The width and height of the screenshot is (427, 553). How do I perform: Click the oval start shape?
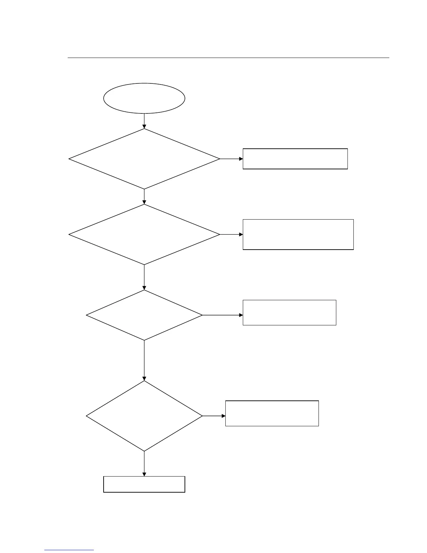(x=144, y=98)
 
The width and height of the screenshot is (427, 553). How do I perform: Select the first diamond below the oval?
(x=144, y=159)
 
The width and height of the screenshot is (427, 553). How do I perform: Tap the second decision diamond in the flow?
(x=144, y=234)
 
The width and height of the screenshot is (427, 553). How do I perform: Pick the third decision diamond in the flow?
(x=144, y=315)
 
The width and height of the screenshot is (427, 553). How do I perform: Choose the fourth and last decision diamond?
(x=144, y=416)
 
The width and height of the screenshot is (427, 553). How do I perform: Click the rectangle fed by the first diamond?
(x=295, y=159)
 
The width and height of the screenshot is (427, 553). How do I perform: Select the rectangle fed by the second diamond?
(x=298, y=234)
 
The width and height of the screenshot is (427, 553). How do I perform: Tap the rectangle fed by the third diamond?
(x=289, y=312)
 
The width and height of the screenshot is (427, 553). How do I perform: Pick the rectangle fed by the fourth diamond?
(x=272, y=413)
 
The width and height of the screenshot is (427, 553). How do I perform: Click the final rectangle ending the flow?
(x=144, y=484)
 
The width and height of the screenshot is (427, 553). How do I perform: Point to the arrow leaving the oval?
(x=144, y=121)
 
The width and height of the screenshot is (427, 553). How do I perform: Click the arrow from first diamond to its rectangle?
(x=231, y=159)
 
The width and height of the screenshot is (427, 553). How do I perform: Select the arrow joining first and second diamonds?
(x=144, y=197)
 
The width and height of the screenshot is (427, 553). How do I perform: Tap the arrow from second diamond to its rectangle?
(x=231, y=234)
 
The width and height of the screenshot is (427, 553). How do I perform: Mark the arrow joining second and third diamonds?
(x=144, y=277)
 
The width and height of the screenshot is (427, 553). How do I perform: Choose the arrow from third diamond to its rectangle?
(x=223, y=315)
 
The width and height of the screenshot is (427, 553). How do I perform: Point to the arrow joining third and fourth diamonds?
(x=144, y=360)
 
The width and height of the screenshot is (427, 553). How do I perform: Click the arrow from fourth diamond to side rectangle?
(x=214, y=416)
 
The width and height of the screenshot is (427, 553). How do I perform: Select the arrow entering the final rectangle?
(x=144, y=464)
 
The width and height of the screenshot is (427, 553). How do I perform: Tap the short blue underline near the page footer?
(x=69, y=550)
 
